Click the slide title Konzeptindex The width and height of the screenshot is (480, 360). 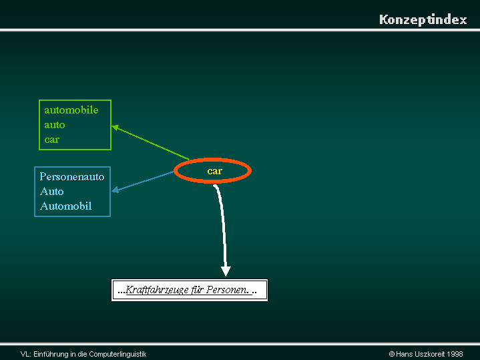(x=423, y=19)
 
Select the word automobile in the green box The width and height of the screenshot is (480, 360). (x=71, y=110)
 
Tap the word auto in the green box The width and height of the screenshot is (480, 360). (x=55, y=125)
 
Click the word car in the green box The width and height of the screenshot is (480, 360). (x=51, y=140)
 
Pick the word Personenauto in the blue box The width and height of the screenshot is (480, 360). (x=72, y=177)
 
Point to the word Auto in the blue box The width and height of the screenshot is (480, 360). (x=51, y=192)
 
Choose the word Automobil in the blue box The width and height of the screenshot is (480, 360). (x=66, y=206)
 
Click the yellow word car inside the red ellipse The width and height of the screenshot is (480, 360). (x=215, y=171)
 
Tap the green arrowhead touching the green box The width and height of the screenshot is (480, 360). (x=115, y=127)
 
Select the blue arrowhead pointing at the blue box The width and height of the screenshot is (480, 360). (x=115, y=190)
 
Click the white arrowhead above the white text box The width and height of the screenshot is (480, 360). (x=226, y=271)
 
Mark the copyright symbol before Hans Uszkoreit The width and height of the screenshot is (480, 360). (x=391, y=355)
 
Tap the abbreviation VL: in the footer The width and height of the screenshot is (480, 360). (x=26, y=355)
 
